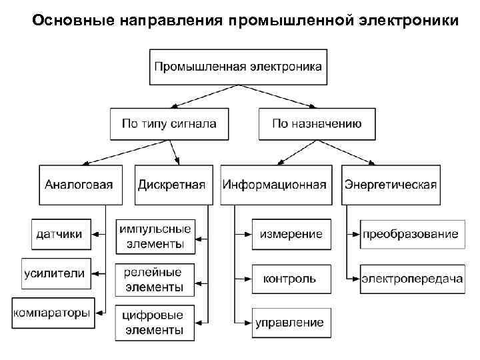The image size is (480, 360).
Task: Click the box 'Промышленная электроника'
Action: coord(238,67)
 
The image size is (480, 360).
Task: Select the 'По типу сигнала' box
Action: coord(169,123)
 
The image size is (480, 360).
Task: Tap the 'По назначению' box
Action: coord(317,123)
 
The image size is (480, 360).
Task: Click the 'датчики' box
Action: coord(60,233)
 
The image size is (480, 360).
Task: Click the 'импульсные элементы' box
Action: coord(155,237)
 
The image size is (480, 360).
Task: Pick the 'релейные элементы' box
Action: coord(155,280)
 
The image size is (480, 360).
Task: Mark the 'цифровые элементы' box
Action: coord(155,322)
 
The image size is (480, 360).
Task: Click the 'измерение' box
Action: coord(291,233)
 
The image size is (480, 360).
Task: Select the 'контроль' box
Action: coord(290,278)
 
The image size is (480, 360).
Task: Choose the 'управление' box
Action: coord(290,323)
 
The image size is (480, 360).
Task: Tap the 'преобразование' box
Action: coord(411,233)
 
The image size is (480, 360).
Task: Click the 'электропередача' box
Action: coord(412,278)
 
